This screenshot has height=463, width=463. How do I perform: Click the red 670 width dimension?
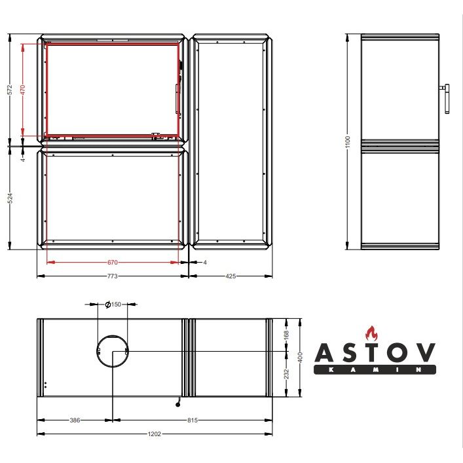coord(113,262)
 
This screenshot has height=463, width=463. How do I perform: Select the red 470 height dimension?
coord(23,90)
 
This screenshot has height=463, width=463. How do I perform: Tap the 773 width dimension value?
coord(112,276)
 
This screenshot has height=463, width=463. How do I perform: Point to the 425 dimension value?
coord(231,276)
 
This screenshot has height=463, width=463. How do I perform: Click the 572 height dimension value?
coord(10,90)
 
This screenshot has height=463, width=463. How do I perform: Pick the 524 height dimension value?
coord(10,198)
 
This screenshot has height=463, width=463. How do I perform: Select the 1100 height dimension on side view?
coord(348,142)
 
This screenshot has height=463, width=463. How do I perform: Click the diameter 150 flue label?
coord(113,304)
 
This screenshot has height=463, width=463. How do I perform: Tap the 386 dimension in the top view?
coord(75,420)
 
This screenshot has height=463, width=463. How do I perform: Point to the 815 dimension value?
coord(193,420)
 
